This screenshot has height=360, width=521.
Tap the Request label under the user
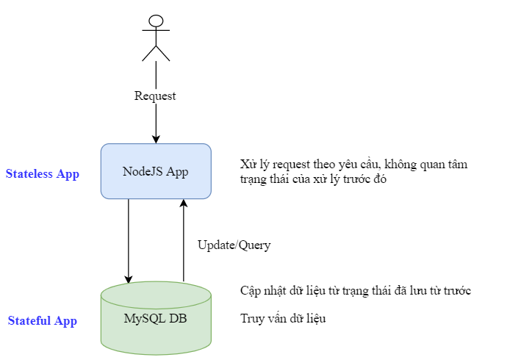coord(155,96)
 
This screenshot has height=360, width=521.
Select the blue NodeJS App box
coord(156,171)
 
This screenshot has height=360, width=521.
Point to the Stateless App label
coord(43,174)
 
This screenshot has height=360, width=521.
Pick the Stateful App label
coord(43,320)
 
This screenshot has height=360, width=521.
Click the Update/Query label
coord(234,245)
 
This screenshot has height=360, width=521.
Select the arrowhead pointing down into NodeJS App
coord(156,139)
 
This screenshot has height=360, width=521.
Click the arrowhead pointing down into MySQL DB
coord(129,279)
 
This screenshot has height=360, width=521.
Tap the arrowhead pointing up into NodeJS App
coord(184,204)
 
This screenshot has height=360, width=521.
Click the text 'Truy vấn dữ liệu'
coord(283,319)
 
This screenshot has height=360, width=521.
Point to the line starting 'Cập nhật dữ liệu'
coord(356,291)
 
